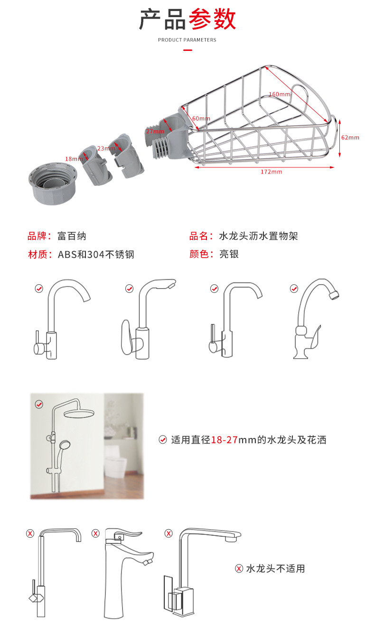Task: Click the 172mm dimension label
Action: pos(271,172)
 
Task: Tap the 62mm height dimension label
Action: pos(350,137)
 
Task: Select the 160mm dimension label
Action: pos(279,94)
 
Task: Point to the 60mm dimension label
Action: pos(201,118)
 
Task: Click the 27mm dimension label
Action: pos(155,131)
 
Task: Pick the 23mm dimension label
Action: pos(106,148)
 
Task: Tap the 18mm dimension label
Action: pos(74,158)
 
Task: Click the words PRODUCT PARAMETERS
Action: pos(187,40)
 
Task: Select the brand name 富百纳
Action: pos(72,236)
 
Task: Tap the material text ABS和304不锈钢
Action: pos(96,254)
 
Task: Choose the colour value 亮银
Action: pos(229,254)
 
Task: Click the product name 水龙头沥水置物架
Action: pos(258,236)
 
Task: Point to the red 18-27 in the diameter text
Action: pos(225,440)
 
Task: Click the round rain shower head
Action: pos(79,414)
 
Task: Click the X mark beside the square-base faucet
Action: pos(169,533)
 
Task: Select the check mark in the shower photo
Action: pos(39,404)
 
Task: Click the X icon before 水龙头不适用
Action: pos(239,569)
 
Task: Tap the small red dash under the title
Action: pos(187,50)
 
